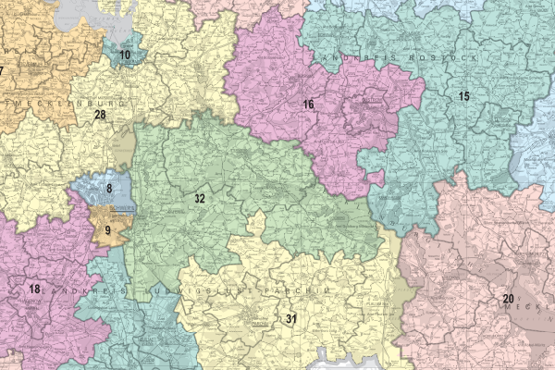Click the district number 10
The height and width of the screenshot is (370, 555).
(x=125, y=55)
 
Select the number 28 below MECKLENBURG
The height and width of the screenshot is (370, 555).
(x=100, y=115)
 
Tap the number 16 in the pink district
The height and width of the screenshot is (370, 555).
(x=308, y=105)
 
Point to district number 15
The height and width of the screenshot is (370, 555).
(x=463, y=96)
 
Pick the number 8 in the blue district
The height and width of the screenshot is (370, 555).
(x=109, y=190)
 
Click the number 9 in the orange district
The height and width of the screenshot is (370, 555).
(x=108, y=229)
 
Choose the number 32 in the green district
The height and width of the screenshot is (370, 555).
(x=200, y=199)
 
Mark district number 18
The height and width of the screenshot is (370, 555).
(x=34, y=290)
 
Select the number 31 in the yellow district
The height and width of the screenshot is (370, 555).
(x=290, y=319)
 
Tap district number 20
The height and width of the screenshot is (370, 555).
(x=508, y=298)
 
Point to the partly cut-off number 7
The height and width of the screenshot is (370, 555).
(x=3, y=71)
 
